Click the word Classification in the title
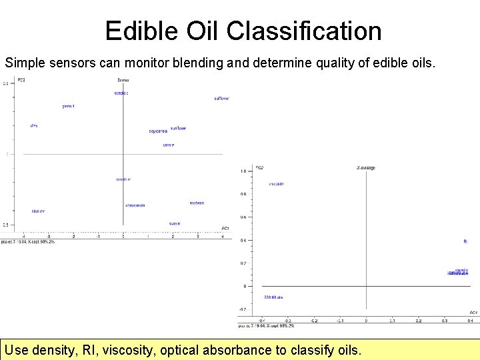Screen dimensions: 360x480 click(304, 31)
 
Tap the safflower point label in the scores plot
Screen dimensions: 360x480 click(221, 99)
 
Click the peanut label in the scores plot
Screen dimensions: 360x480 click(68, 106)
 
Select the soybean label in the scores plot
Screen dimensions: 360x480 click(197, 203)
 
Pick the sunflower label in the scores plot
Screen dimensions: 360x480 click(178, 128)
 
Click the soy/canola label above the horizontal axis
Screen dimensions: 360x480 click(158, 131)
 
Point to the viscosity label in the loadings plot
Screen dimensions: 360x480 click(277, 183)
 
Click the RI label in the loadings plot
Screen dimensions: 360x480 click(465, 241)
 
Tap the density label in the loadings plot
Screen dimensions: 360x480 click(461, 270)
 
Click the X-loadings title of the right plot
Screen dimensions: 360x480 click(366, 167)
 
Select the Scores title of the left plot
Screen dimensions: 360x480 click(123, 80)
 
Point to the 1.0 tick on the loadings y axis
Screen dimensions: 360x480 click(243, 171)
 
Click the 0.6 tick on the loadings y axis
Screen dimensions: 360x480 click(243, 217)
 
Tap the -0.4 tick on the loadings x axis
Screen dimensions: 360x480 click(261, 320)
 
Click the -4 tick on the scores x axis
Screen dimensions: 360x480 click(24, 236)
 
